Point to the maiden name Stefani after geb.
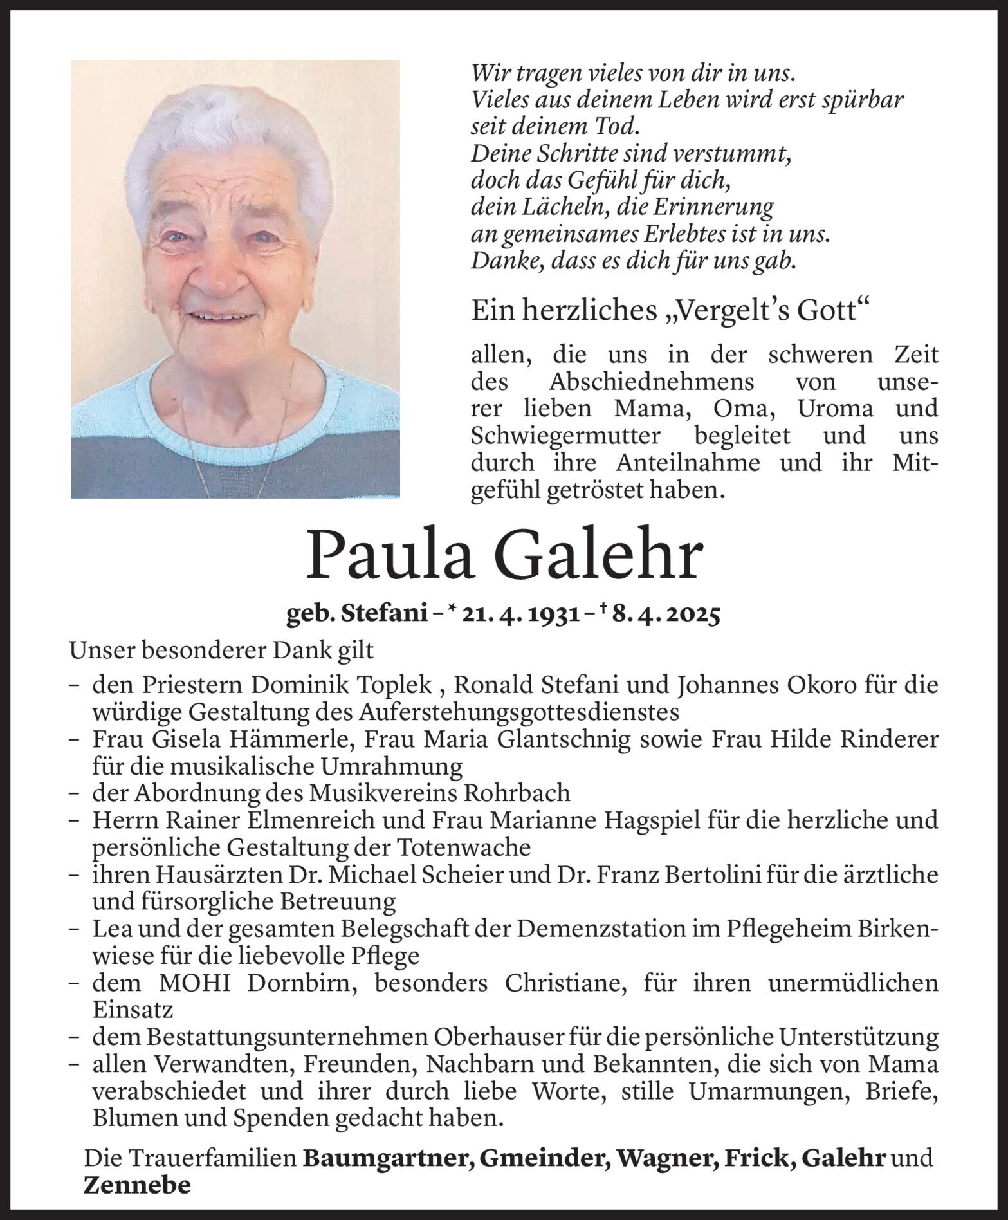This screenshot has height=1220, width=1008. pyautogui.click(x=394, y=616)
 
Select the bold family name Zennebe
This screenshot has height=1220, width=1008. pyautogui.click(x=138, y=1185)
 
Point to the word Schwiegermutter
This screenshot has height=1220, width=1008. pyautogui.click(x=565, y=436)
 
